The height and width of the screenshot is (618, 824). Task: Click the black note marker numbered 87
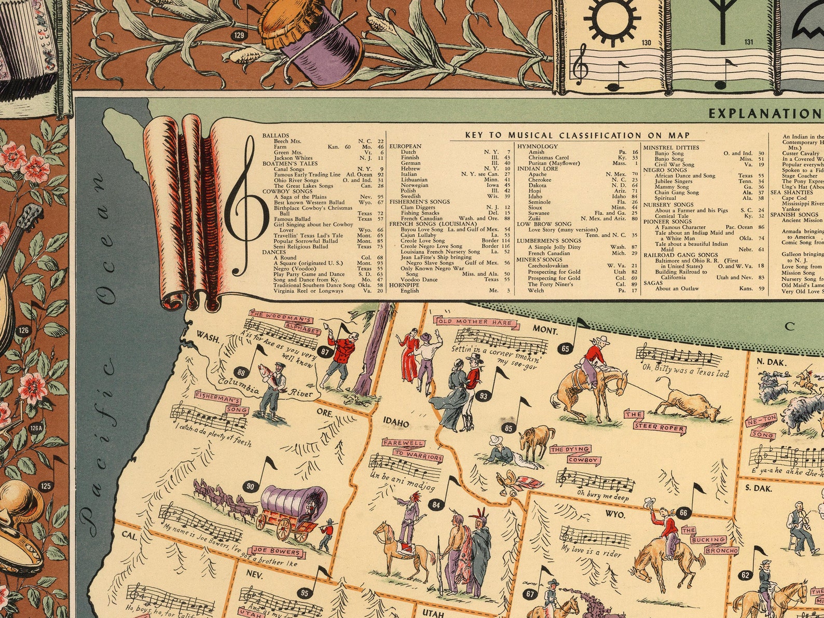[325, 352]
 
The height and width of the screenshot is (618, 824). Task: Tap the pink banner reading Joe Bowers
[277, 552]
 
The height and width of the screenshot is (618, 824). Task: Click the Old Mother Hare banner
[477, 322]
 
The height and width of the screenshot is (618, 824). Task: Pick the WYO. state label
[615, 515]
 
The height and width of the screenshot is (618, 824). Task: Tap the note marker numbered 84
[435, 504]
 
